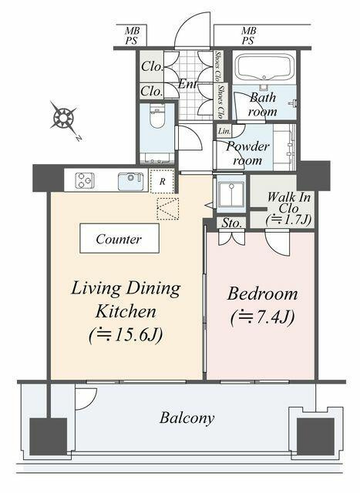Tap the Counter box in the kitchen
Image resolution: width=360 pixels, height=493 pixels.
click(119, 238)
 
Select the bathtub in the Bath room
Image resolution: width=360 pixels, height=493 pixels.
click(264, 69)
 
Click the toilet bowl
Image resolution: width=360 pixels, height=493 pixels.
click(157, 115)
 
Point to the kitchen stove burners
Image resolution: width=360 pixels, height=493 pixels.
click(85, 180)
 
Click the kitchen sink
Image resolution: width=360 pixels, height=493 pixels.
click(130, 182)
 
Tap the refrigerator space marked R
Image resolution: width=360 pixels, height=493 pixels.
click(162, 182)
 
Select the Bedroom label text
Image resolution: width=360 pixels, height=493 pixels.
click(262, 294)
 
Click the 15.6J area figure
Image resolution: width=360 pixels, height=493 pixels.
click(126, 335)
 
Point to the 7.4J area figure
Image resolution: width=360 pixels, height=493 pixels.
click(262, 317)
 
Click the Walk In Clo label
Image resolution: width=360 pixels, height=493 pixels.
click(288, 203)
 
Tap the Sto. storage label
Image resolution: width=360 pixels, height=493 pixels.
click(232, 223)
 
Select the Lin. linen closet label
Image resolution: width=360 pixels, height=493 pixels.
click(224, 131)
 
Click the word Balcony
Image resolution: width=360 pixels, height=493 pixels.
click(187, 418)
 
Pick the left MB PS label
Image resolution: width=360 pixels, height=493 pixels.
click(132, 35)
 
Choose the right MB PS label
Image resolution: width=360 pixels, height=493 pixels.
click(248, 35)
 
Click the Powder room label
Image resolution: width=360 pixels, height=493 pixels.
click(247, 153)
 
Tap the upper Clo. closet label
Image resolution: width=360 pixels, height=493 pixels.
click(152, 67)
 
